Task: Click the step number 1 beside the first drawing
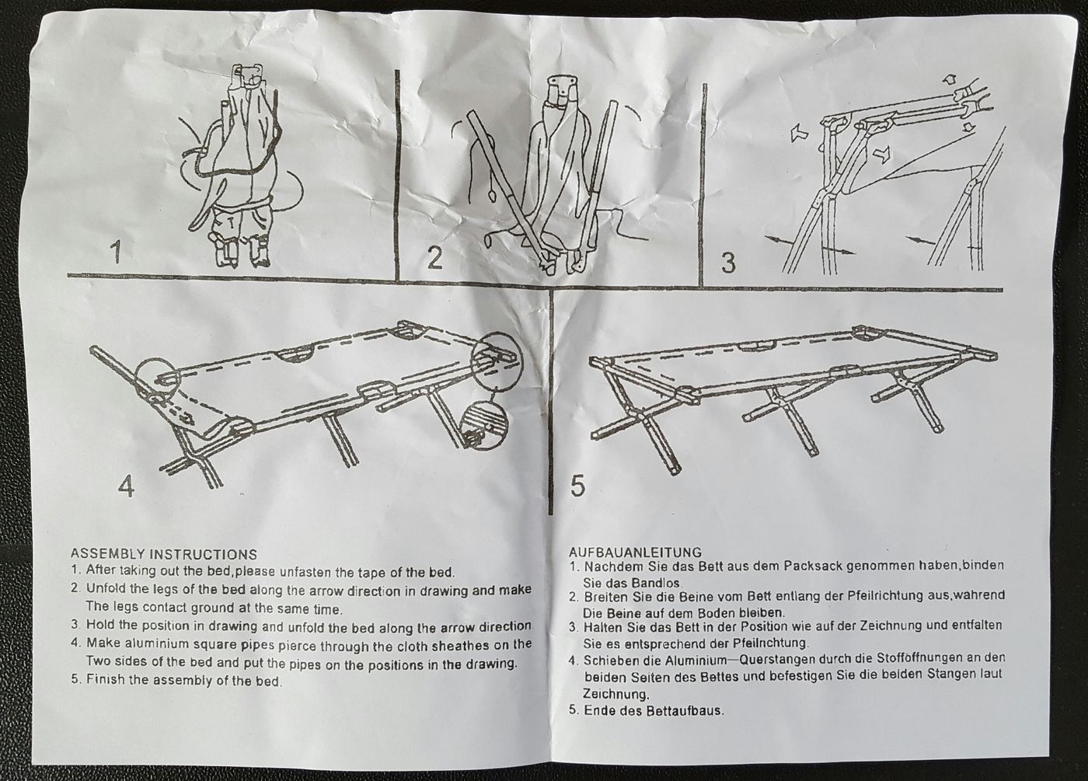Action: [115, 253]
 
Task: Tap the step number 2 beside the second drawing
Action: [434, 258]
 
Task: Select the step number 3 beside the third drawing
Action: [727, 263]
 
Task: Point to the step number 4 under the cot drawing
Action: [126, 486]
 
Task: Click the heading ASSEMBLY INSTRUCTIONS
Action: [164, 554]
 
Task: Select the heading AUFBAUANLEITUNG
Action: [636, 553]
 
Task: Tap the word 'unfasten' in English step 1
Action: [305, 572]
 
